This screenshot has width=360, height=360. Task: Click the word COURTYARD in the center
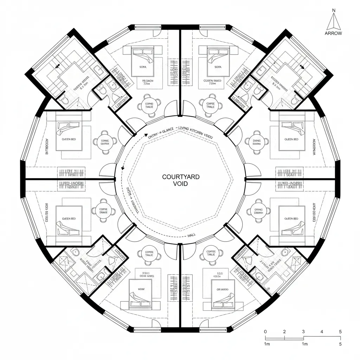click(181, 177)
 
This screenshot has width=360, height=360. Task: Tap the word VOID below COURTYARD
click(181, 184)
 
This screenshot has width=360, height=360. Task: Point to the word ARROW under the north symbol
click(333, 33)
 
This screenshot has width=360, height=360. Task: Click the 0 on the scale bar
click(265, 332)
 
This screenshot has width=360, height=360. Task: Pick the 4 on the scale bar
click(322, 332)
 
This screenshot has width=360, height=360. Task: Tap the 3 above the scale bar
click(303, 332)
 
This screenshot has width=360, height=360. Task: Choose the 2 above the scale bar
click(284, 332)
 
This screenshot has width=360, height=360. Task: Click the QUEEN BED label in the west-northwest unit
click(69, 139)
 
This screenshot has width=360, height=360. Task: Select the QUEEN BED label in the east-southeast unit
click(291, 219)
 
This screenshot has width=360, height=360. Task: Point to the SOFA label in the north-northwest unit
click(143, 66)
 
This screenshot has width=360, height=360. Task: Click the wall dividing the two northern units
click(180, 70)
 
